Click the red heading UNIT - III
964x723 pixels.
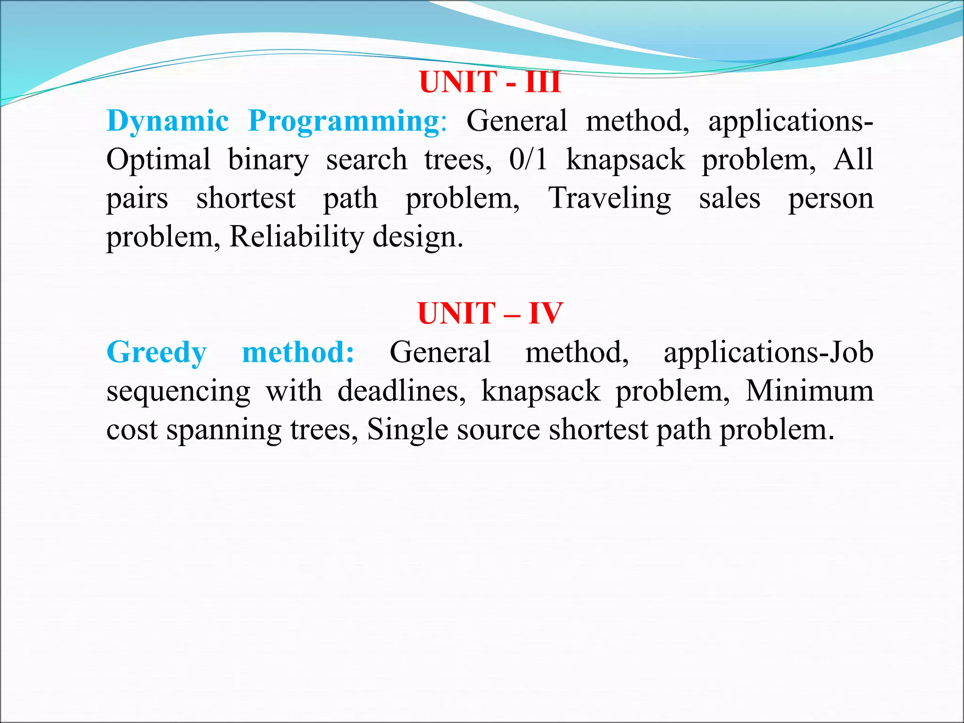[490, 82]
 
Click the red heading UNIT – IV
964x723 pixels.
[490, 313]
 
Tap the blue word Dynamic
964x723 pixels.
[168, 121]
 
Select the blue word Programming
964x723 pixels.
[344, 121]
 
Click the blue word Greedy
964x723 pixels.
[156, 353]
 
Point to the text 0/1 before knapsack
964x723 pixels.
[528, 159]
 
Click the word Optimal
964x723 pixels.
[158, 160]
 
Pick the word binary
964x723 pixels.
[268, 160]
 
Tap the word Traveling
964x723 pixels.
[610, 199]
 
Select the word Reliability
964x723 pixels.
[296, 237]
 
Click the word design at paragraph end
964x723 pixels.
[417, 237]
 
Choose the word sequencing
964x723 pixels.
[178, 392]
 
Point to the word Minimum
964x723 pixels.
[809, 391]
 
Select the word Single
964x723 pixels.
[407, 430]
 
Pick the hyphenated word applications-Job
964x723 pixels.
[768, 353]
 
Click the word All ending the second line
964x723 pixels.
[853, 159]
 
